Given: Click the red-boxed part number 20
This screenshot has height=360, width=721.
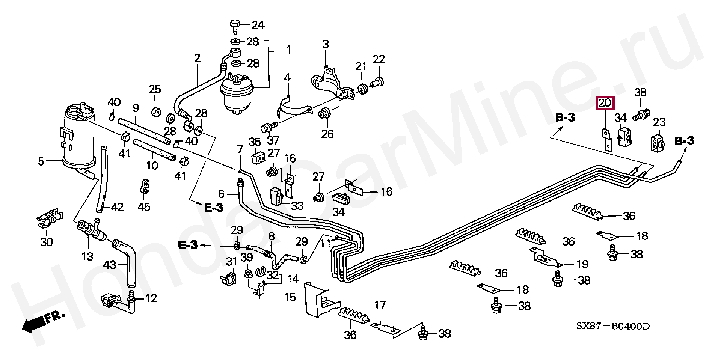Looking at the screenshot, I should tap(605, 102).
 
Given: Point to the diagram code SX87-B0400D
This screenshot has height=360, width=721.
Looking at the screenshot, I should tap(613, 326).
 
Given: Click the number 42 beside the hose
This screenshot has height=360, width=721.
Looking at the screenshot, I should tap(117, 207).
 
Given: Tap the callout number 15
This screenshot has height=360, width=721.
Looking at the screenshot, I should tap(290, 297).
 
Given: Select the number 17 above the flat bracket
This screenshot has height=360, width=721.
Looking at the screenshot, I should tap(380, 305).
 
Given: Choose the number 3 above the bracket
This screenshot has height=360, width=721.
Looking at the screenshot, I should tap(325, 44).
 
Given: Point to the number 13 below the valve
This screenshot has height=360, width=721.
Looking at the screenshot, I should tap(87, 257).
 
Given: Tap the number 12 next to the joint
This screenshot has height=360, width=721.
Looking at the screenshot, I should tap(151, 299).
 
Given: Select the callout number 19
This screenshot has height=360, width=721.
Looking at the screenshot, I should tap(582, 264).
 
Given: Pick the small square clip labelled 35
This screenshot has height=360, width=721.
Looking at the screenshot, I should tap(256, 158).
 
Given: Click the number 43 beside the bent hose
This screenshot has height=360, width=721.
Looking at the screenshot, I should tap(110, 265).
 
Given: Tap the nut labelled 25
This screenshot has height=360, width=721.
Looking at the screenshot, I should tap(154, 111).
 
